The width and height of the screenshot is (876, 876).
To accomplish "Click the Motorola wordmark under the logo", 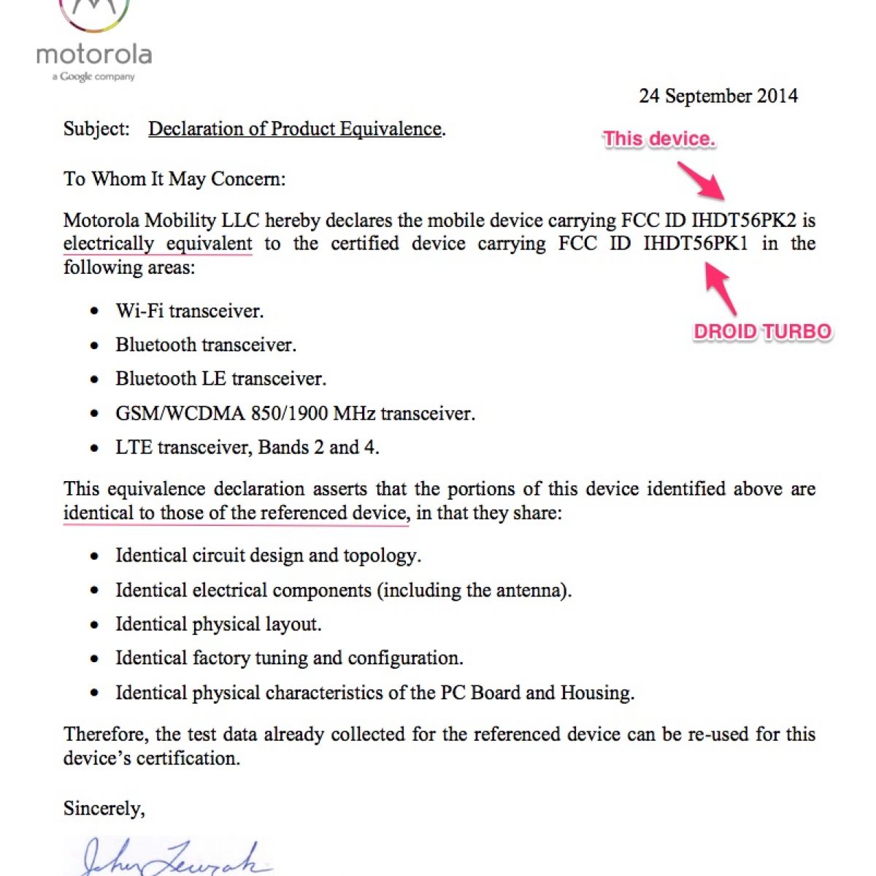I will pyautogui.click(x=94, y=55).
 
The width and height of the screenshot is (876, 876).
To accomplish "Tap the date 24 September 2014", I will pyautogui.click(x=718, y=96).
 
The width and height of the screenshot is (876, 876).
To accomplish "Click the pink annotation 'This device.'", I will pyautogui.click(x=658, y=139).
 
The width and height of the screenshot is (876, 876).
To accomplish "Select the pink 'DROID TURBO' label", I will pyautogui.click(x=762, y=331).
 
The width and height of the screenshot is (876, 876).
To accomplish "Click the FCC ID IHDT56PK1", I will pyautogui.click(x=696, y=244).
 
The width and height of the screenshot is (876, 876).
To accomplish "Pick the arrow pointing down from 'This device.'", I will pyautogui.click(x=701, y=180).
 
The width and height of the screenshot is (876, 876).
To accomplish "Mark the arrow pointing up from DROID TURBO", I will pyautogui.click(x=721, y=289).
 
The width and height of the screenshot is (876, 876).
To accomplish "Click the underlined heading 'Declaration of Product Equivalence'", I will pyautogui.click(x=295, y=129).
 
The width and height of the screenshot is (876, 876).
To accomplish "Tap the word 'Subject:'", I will pyautogui.click(x=96, y=129).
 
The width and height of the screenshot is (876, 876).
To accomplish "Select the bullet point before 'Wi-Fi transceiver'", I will pyautogui.click(x=94, y=312).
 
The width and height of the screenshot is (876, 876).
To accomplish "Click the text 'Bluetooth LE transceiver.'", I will pyautogui.click(x=220, y=379).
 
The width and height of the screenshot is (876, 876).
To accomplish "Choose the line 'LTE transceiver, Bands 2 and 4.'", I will pyautogui.click(x=247, y=447).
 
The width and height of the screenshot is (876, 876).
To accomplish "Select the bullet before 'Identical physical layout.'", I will pyautogui.click(x=94, y=625).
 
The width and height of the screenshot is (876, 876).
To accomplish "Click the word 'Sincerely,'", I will pyautogui.click(x=104, y=809).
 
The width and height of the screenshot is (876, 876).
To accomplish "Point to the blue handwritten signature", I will pyautogui.click(x=172, y=859).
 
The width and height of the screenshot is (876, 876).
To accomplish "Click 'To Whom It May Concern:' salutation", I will pyautogui.click(x=174, y=179).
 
